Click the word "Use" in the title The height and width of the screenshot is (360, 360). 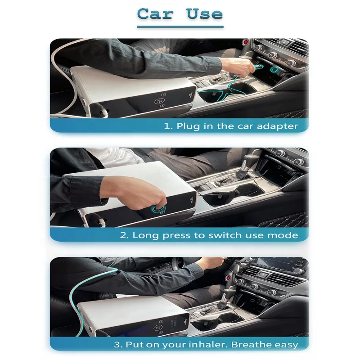[205, 13]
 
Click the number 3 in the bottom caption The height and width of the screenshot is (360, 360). [117, 345]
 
